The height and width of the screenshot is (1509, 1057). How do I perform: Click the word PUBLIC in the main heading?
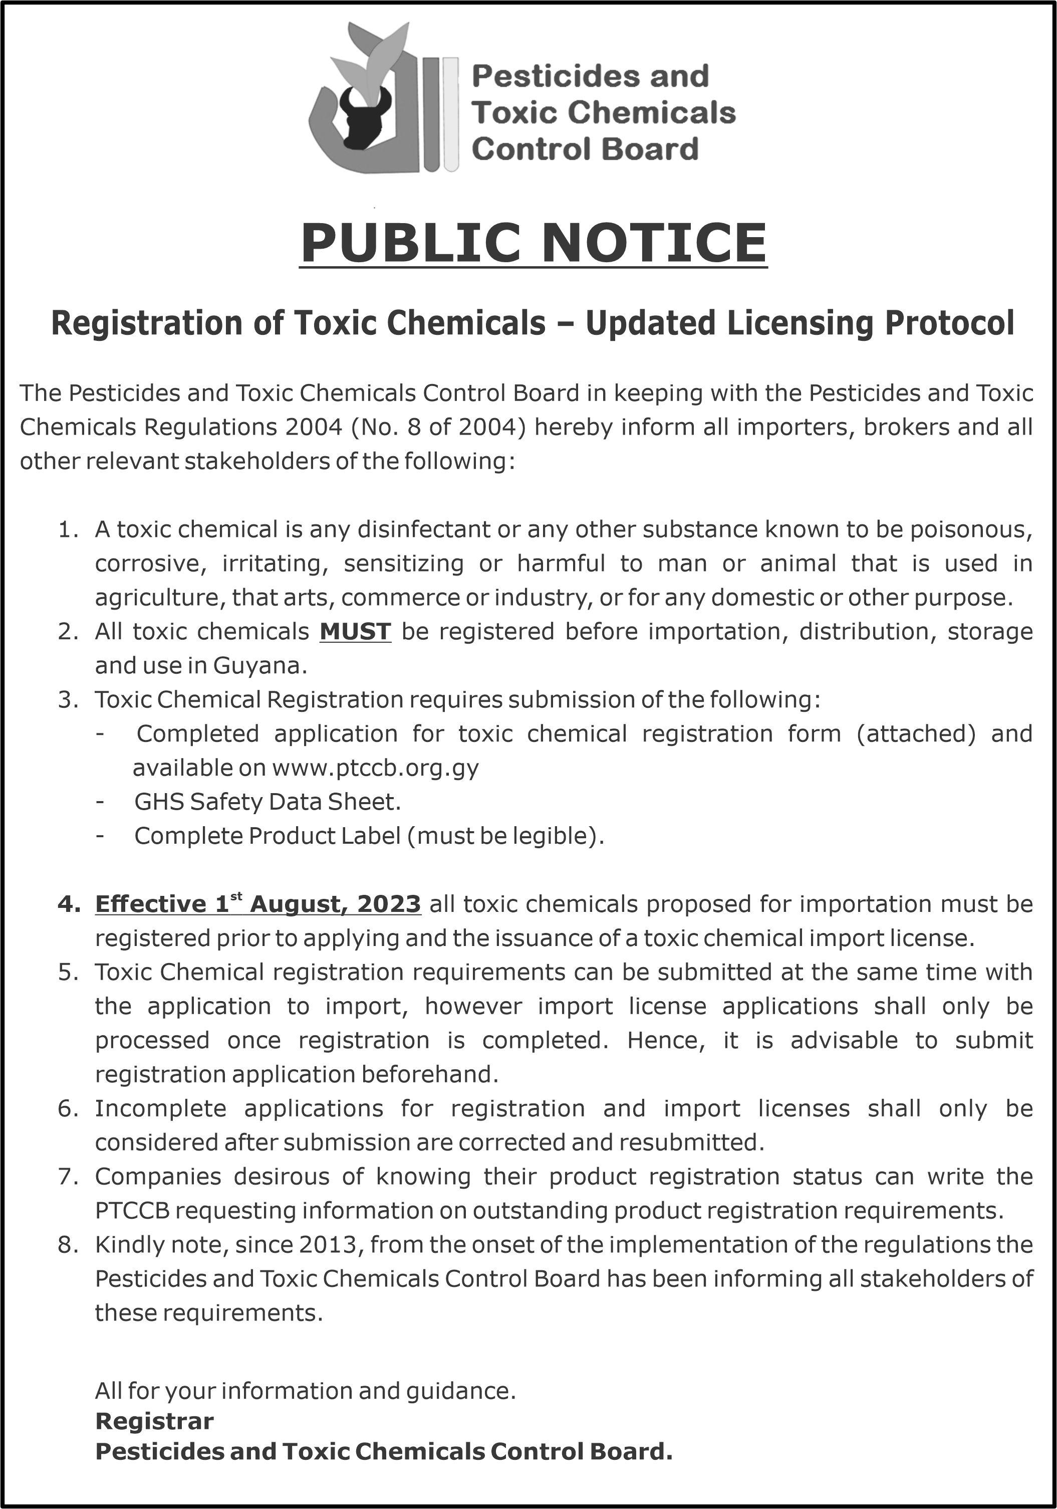pos(412,243)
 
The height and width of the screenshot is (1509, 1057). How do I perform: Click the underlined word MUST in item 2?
pos(355,632)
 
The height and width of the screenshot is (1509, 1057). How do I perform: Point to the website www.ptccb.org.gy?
pos(375,768)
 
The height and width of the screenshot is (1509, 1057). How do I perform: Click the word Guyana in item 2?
pos(260,666)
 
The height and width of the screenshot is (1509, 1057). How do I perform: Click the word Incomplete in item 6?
pos(160,1108)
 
